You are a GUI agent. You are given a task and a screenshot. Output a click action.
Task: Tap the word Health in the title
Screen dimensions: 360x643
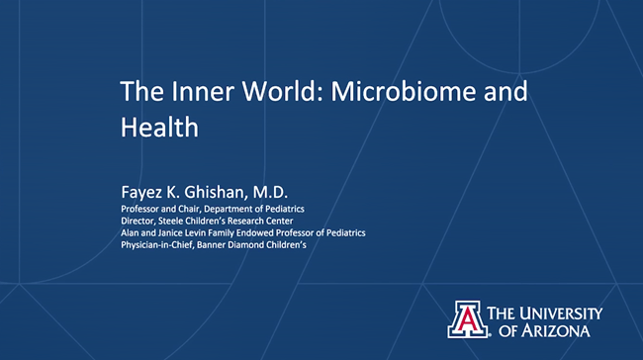(x=159, y=127)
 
